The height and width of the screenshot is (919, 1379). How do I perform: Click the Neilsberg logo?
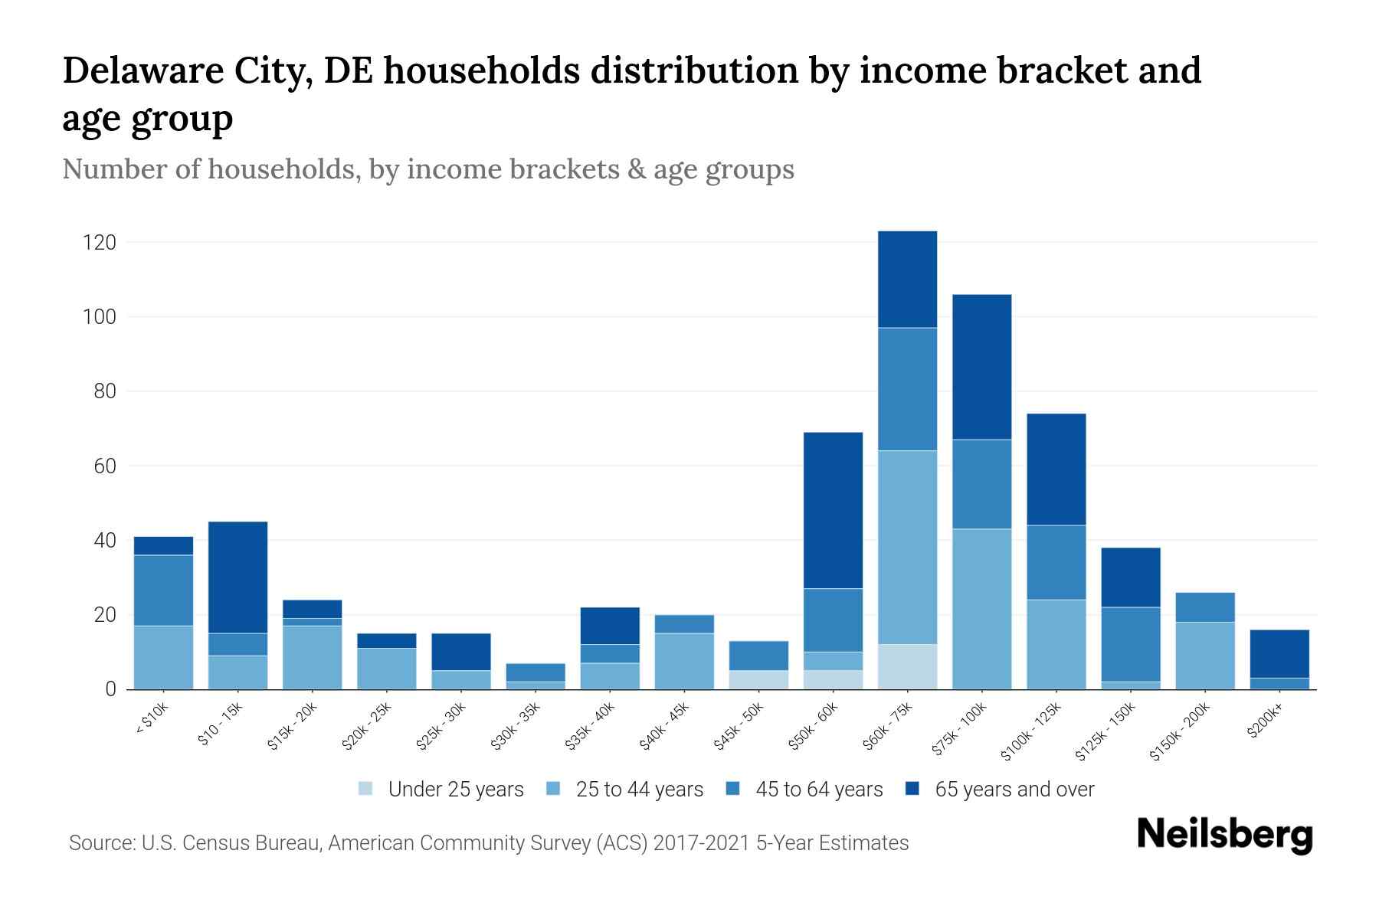click(1224, 834)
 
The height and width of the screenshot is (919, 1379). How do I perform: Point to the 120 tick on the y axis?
click(100, 243)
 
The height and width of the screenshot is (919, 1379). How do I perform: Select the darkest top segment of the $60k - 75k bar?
click(907, 279)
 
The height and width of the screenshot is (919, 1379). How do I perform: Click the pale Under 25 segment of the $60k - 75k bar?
click(907, 666)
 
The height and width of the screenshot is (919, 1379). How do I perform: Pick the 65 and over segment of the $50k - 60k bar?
click(833, 510)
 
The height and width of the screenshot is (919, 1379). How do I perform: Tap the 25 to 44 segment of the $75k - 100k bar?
click(981, 609)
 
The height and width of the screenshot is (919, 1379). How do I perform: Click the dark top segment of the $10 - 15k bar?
click(237, 577)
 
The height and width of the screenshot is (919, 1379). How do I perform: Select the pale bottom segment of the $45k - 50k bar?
click(758, 679)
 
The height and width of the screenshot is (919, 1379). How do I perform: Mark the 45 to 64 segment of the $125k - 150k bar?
click(1130, 644)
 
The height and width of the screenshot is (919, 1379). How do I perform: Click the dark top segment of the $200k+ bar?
click(1279, 653)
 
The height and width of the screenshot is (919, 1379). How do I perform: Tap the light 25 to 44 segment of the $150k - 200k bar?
click(1204, 656)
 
